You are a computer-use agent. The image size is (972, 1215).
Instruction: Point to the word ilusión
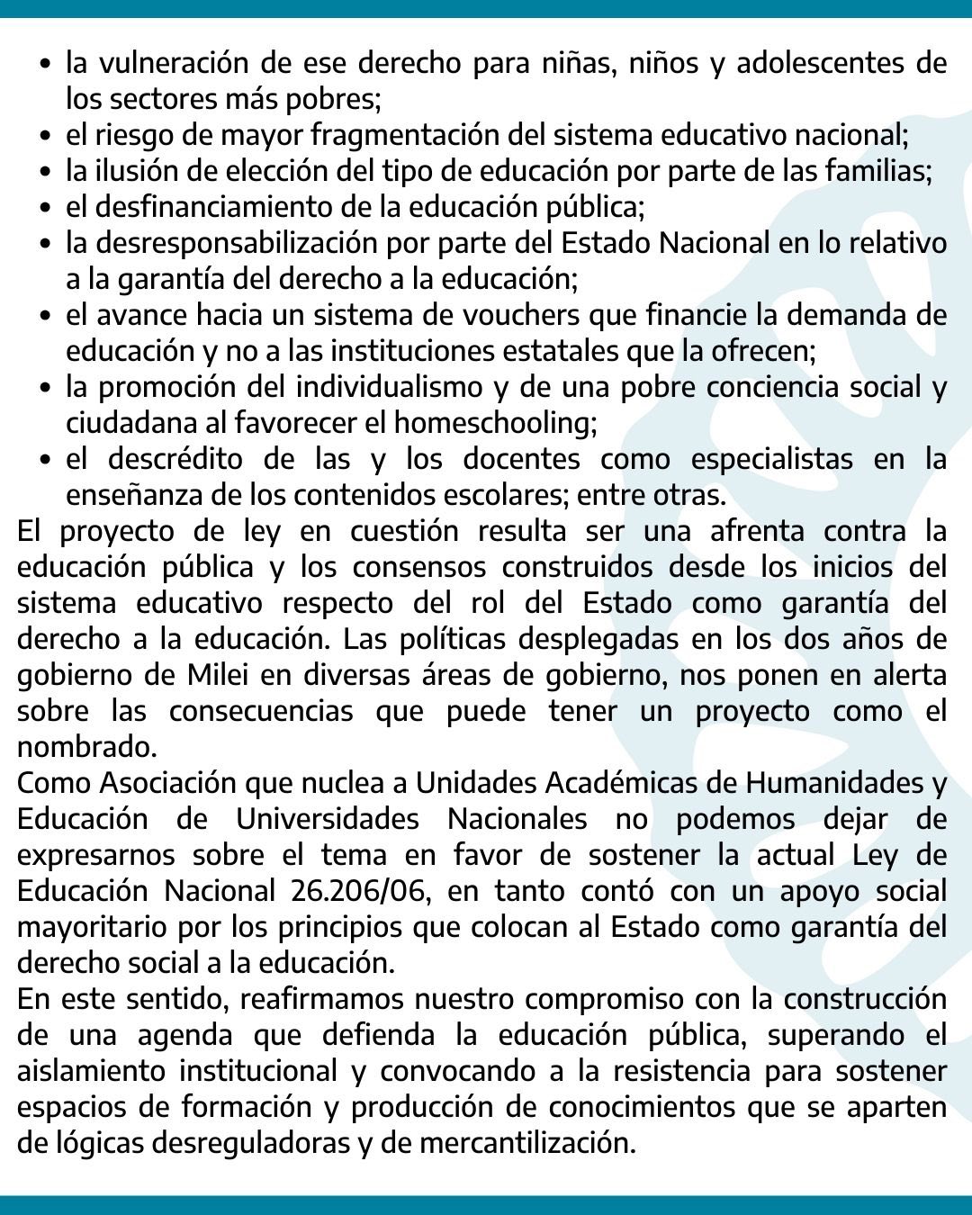coord(139,171)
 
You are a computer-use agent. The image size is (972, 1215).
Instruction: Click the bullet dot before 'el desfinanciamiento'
coord(46,209)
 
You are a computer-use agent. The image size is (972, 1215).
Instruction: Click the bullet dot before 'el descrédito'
coord(46,461)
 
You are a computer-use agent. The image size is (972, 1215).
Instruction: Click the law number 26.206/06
coord(359,891)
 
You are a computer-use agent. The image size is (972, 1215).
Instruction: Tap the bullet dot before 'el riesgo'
coord(46,137)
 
